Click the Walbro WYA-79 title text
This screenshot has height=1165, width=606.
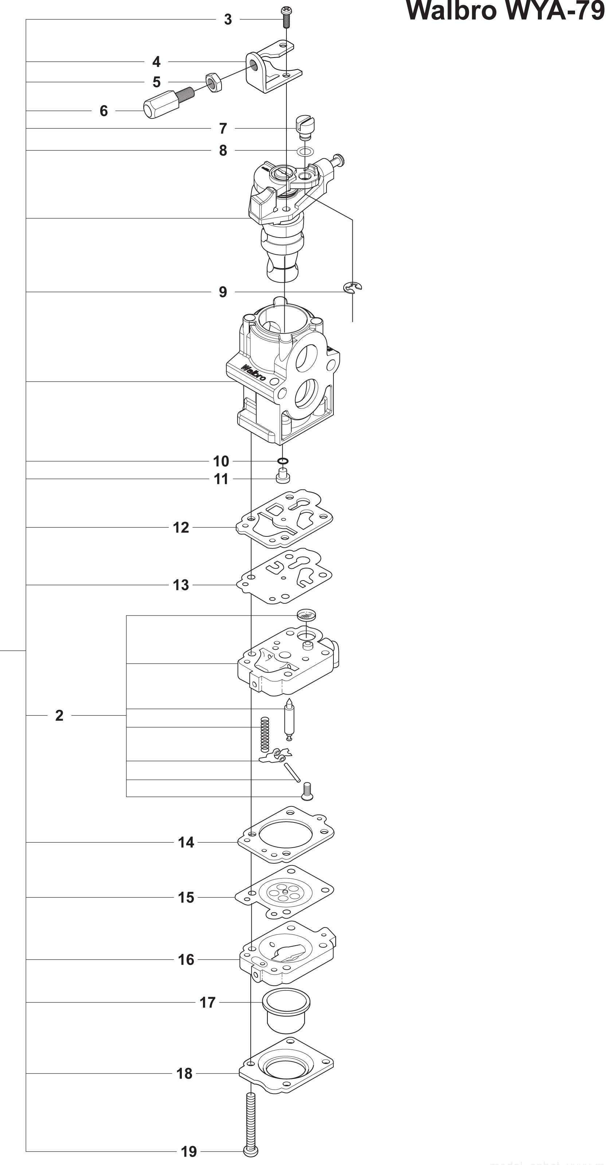coord(505,11)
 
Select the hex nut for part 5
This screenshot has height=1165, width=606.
coord(214,82)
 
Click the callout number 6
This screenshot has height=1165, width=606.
coord(103,111)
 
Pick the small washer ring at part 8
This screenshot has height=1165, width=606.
coord(304,150)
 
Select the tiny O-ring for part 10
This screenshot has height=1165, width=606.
coord(283,461)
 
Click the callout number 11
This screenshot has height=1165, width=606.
coord(221,479)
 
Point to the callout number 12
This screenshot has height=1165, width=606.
coord(181,527)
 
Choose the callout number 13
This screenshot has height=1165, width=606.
coord(181,585)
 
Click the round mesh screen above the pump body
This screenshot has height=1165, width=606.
coord(306,615)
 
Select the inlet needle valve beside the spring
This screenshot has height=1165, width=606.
coord(289,720)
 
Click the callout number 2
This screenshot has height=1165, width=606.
coord(59,715)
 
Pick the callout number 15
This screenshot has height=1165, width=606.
coord(186,897)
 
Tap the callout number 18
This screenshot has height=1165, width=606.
coord(184,1074)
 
